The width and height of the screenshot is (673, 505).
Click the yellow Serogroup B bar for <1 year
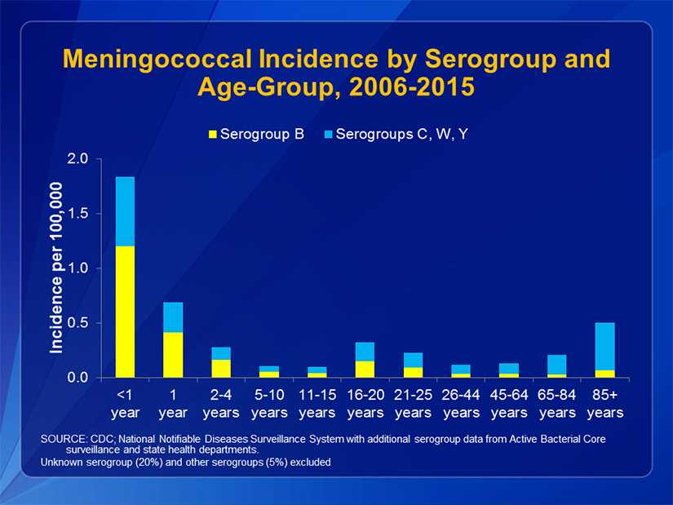125,312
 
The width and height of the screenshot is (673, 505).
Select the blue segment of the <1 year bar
125,211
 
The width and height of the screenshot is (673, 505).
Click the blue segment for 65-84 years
557,365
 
